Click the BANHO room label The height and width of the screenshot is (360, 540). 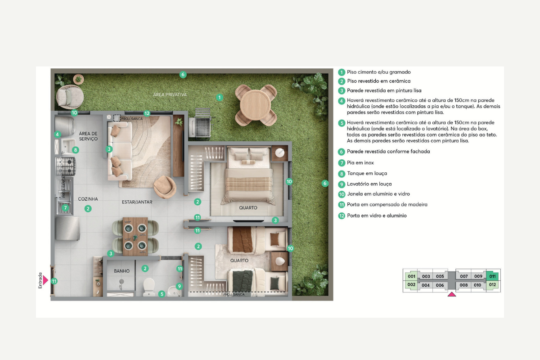click(x=122, y=271)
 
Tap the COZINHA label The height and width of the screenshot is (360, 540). click(x=88, y=199)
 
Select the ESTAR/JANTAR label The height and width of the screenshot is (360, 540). click(x=137, y=202)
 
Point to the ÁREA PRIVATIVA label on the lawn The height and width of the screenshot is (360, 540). click(x=170, y=94)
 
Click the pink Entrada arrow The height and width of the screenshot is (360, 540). click(x=45, y=280)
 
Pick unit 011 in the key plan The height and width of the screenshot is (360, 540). click(x=492, y=276)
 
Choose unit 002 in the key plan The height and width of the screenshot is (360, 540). click(x=411, y=285)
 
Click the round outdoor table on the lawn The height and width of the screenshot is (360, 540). click(x=255, y=105)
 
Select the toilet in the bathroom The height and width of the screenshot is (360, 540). click(x=149, y=287)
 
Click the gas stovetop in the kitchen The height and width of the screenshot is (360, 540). click(x=66, y=166)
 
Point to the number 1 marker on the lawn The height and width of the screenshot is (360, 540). click(x=220, y=97)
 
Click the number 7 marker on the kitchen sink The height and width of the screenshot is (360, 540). click(x=65, y=208)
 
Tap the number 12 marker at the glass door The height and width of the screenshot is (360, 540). click(x=147, y=113)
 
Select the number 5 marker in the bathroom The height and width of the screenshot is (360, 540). click(x=162, y=294)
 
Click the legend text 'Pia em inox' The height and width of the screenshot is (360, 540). click(x=360, y=163)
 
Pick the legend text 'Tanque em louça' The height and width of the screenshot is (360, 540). click(x=367, y=173)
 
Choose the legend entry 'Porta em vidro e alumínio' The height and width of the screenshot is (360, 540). click(x=377, y=216)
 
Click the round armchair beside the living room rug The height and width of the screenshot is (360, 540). click(x=165, y=187)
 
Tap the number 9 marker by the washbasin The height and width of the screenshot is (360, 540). click(x=179, y=286)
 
